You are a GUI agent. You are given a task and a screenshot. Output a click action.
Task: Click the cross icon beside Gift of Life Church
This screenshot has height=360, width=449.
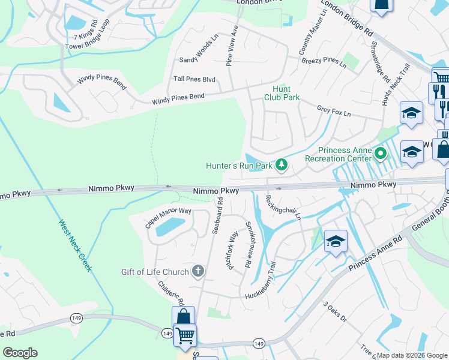tap(198, 272)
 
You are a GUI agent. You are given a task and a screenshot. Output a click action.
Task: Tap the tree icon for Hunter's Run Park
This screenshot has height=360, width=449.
tap(280, 165)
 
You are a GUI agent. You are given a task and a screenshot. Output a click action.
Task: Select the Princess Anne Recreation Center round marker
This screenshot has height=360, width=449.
tap(380, 154)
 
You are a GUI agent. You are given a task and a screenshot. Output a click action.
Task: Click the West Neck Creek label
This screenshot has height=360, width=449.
tap(75, 245)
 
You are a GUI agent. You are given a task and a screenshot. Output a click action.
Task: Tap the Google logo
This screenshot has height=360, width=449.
tap(20, 353)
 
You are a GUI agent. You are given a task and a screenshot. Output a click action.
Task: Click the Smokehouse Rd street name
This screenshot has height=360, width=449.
tap(248, 245)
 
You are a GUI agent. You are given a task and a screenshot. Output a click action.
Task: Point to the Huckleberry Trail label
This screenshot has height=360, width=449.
tap(268, 284)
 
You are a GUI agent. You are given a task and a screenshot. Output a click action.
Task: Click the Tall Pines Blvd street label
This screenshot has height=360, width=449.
tap(194, 79)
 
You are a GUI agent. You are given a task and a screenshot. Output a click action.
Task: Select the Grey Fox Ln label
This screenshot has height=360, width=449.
tap(334, 111)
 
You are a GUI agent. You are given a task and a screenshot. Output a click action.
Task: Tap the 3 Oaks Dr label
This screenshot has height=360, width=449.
tap(335, 313)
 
